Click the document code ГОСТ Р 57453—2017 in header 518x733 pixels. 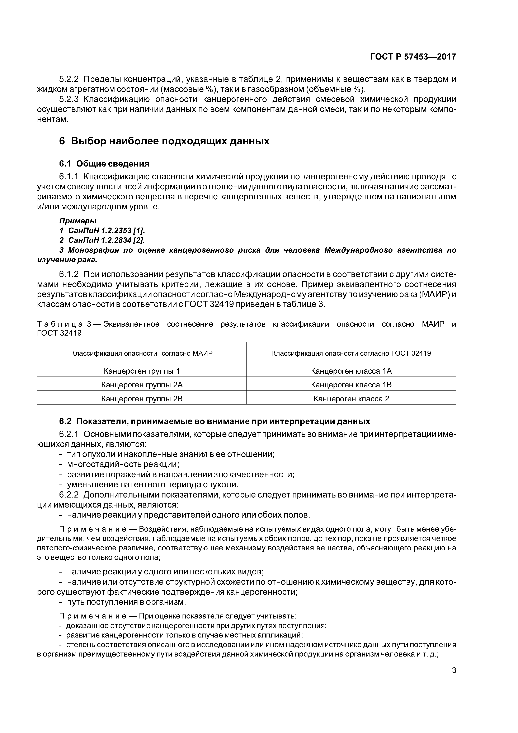413,57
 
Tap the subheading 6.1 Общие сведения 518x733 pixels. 104,164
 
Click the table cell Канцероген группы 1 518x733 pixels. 142,371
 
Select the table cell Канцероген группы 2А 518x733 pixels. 142,385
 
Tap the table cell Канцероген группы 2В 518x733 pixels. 142,399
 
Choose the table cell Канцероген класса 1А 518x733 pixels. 351,371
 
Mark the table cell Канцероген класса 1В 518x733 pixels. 351,385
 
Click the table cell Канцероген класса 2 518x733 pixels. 351,399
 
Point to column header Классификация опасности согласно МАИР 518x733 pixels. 142,353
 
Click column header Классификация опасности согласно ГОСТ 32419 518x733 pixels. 351,353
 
